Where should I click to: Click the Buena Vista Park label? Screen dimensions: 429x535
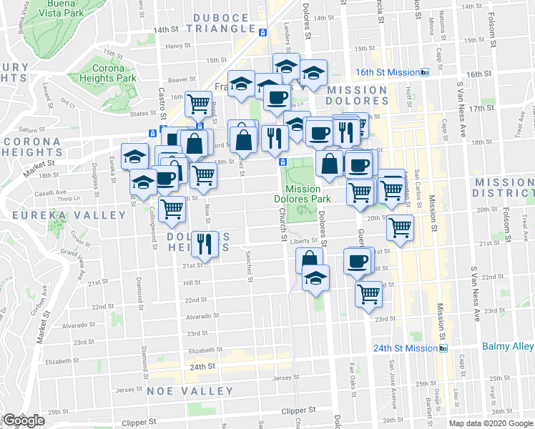tap(62, 8)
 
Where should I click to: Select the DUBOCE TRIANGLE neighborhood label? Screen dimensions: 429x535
tap(226, 21)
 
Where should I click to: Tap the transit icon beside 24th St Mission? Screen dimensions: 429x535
tap(443, 348)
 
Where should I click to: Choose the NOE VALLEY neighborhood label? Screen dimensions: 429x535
tap(190, 391)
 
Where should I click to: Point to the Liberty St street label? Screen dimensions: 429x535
tap(303, 242)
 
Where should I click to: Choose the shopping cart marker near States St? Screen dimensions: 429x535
tap(198, 104)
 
